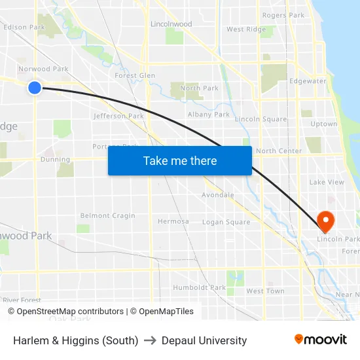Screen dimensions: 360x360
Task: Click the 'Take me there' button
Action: [180, 161]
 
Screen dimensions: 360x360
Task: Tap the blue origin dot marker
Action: [35, 87]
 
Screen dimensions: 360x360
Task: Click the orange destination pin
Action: [325, 221]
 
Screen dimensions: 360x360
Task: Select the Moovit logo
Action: [321, 340]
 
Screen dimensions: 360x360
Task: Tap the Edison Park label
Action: [24, 27]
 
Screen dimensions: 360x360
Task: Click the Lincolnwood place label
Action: [171, 24]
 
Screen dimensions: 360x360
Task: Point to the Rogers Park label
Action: [283, 15]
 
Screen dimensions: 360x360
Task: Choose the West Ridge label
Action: [246, 29]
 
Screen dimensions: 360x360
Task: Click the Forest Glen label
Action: [135, 75]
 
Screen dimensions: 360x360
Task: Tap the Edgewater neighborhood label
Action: [308, 81]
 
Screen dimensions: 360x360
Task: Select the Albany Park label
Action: [209, 115]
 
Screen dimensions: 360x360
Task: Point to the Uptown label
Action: [324, 124]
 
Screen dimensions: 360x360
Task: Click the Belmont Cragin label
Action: [107, 215]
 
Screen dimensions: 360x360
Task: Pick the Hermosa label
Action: [173, 221]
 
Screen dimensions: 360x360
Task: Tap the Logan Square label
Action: [226, 222]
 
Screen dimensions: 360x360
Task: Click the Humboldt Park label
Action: [199, 287]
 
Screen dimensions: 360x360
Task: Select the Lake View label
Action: [326, 182]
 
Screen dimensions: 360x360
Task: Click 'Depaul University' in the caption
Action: [204, 340]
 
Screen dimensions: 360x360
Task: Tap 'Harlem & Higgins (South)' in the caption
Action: [75, 340]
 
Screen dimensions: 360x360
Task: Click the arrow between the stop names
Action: [150, 340]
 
